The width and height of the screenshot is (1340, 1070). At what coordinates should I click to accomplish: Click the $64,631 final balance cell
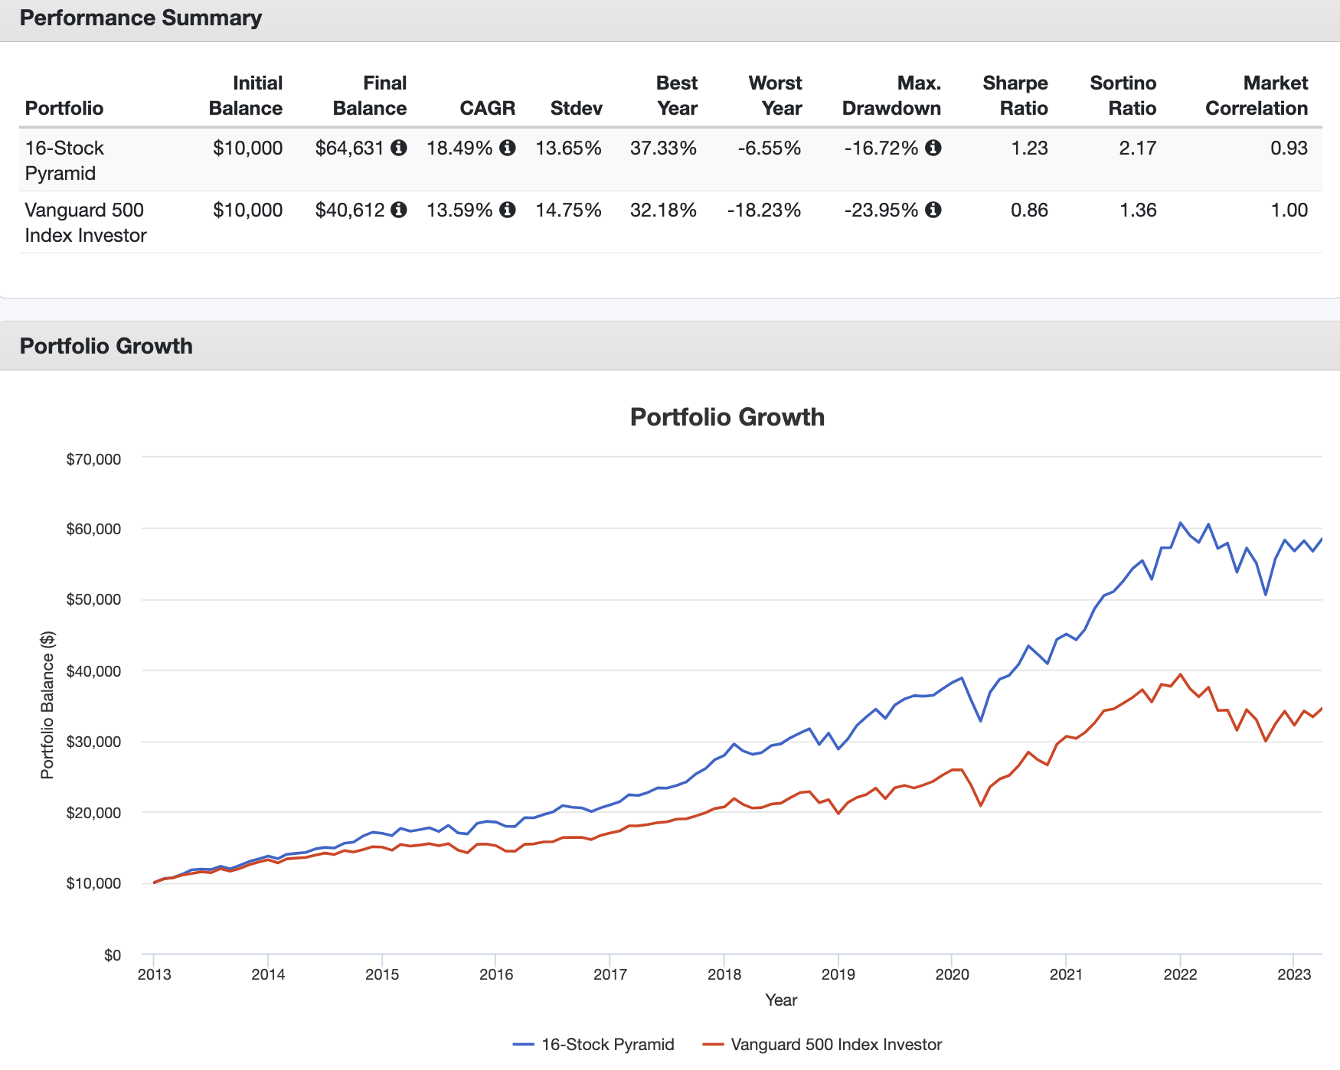(349, 148)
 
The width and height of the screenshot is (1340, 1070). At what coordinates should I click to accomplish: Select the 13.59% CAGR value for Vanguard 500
(459, 210)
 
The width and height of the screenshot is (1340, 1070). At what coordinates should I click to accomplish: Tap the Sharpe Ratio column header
(1015, 96)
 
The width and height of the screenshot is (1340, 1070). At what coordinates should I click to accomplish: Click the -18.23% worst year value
(763, 210)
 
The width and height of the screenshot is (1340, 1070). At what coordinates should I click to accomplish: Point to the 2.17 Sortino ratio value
(1137, 148)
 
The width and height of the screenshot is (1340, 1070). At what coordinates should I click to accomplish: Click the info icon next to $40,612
(399, 210)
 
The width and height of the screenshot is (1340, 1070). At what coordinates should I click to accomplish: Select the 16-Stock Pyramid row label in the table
(64, 161)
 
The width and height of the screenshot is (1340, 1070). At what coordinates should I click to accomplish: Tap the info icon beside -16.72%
(933, 148)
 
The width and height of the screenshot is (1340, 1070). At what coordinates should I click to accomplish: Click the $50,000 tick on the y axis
(93, 600)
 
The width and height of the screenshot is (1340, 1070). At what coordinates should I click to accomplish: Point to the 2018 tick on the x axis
(724, 974)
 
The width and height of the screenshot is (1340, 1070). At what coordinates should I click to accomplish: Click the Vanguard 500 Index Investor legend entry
(835, 1045)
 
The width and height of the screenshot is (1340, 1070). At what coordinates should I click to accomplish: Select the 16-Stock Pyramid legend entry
(607, 1045)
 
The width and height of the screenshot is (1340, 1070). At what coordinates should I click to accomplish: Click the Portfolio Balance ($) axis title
(47, 705)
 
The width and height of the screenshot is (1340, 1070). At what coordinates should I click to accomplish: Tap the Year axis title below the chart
(781, 1000)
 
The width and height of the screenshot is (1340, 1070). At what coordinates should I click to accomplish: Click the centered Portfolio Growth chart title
(727, 417)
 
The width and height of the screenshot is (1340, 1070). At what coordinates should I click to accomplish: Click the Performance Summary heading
(141, 18)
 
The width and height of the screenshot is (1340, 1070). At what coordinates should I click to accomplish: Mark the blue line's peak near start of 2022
(1180, 523)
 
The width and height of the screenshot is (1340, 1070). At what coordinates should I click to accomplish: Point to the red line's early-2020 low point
(980, 805)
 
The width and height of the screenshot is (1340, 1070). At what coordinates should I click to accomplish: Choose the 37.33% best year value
(663, 148)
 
